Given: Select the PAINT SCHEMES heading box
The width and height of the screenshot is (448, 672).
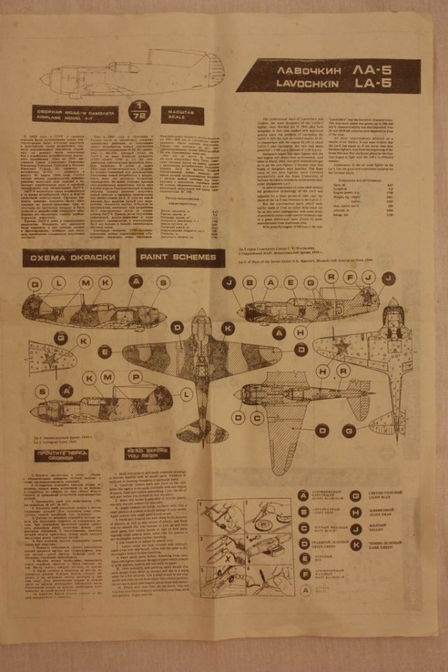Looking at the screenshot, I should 178,257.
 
